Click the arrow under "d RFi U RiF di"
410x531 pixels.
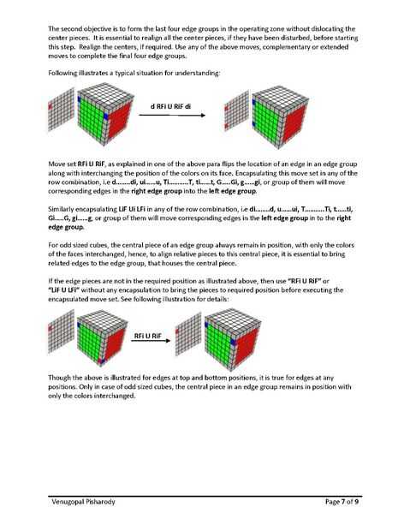click(172, 115)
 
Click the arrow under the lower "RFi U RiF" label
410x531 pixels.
click(151, 340)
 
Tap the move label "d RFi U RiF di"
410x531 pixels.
click(170, 106)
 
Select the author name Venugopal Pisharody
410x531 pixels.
click(83, 502)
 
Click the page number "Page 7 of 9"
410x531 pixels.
click(342, 502)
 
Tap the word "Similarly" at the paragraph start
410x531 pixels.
click(61, 209)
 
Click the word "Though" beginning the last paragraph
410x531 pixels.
click(59, 378)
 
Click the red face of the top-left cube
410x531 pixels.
click(121, 120)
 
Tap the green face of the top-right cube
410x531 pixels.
click(266, 118)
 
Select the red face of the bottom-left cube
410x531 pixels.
click(114, 343)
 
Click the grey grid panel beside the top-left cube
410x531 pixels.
click(61, 109)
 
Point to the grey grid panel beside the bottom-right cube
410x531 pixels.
click(188, 334)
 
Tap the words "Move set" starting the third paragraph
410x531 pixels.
click(62, 164)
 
